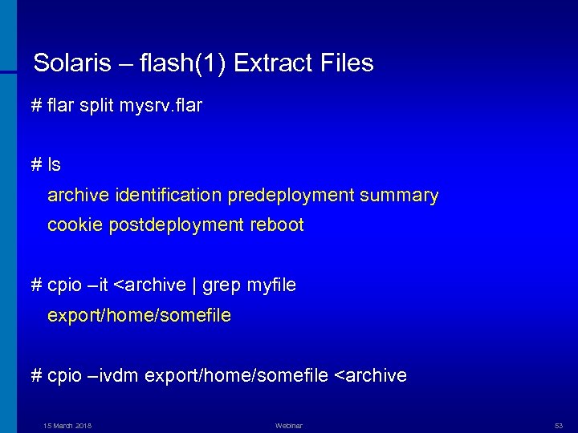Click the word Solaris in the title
coord(67,63)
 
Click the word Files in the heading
coord(346,63)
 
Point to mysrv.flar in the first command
coord(161,105)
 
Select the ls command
coord(54,164)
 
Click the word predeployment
coord(288,195)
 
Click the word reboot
coord(278,225)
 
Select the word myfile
coord(271,285)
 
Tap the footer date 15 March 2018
coord(67,426)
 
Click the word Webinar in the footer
coord(288,426)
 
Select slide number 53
coord(559,426)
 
